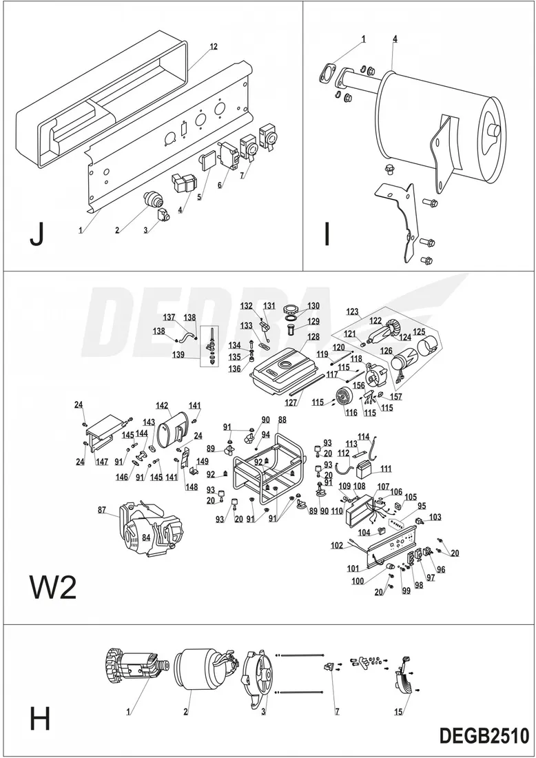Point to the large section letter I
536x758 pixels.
click(x=327, y=234)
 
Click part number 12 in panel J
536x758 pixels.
click(x=214, y=46)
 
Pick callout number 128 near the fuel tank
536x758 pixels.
click(x=313, y=337)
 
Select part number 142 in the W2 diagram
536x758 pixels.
click(x=162, y=405)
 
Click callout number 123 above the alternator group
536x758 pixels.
click(x=353, y=311)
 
